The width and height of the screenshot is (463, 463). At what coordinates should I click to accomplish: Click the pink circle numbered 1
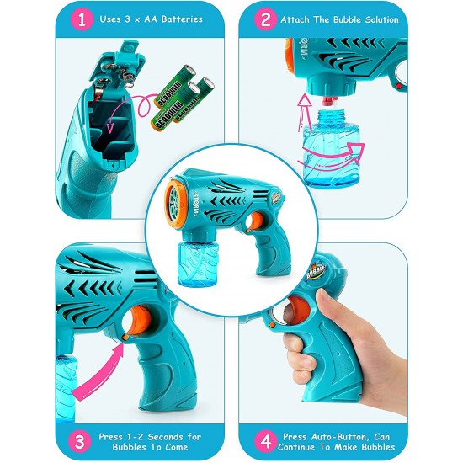point(82,19)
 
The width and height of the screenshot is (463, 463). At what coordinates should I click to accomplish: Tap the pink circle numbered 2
point(265,19)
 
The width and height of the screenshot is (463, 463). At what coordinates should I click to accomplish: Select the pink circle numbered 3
point(80,441)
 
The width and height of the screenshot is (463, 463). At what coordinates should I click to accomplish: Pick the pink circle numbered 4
point(266,441)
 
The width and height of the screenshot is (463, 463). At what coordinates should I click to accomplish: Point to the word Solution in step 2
point(382,20)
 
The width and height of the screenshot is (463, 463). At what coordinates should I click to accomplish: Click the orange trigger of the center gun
point(256,221)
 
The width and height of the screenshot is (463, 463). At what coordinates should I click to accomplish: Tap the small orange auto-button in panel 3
point(125,337)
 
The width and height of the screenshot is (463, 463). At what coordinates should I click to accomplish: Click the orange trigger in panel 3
point(141,320)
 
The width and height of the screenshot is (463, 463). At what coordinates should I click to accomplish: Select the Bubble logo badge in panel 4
point(317,270)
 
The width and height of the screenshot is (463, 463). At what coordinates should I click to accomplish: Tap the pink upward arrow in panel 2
point(304,112)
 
